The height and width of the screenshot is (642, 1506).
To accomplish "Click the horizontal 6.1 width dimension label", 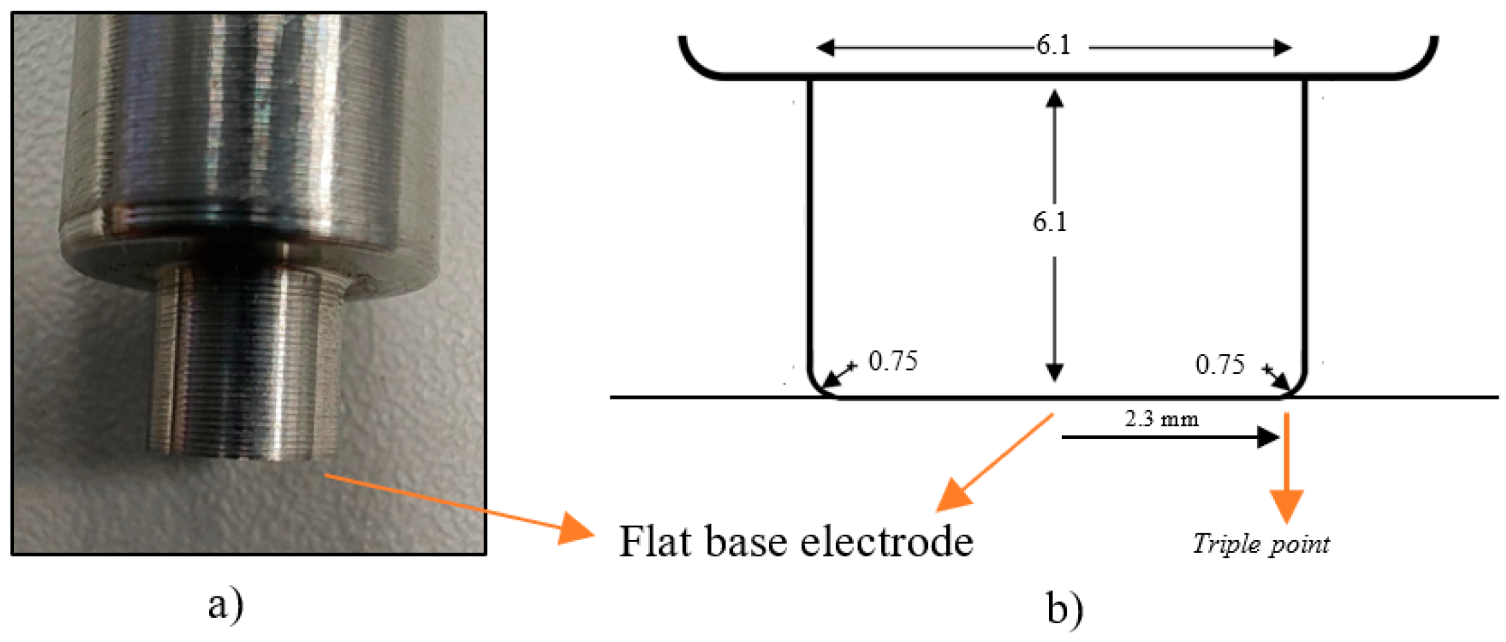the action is pyautogui.click(x=1053, y=46).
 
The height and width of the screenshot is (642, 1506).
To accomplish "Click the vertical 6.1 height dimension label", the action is pyautogui.click(x=1049, y=222).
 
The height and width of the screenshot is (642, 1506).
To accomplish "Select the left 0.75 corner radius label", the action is pyautogui.click(x=892, y=361).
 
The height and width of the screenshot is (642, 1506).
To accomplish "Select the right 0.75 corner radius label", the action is pyautogui.click(x=1219, y=365).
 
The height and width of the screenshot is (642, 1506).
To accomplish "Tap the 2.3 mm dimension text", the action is pyautogui.click(x=1161, y=420).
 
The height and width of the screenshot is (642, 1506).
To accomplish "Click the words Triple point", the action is pyautogui.click(x=1261, y=543).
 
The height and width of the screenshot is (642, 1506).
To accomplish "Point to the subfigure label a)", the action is pyautogui.click(x=225, y=605).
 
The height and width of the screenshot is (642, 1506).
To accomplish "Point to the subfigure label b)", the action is pyautogui.click(x=1065, y=608).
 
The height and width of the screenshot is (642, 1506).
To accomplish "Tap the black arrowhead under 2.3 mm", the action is pyautogui.click(x=1268, y=438).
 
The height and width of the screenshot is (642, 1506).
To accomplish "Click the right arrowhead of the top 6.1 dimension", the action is pyautogui.click(x=1282, y=48).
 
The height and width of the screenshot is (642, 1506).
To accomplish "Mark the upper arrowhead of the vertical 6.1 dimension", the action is pyautogui.click(x=1054, y=99).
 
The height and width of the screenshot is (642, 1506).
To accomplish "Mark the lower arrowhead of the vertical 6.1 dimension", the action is pyautogui.click(x=1054, y=372).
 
